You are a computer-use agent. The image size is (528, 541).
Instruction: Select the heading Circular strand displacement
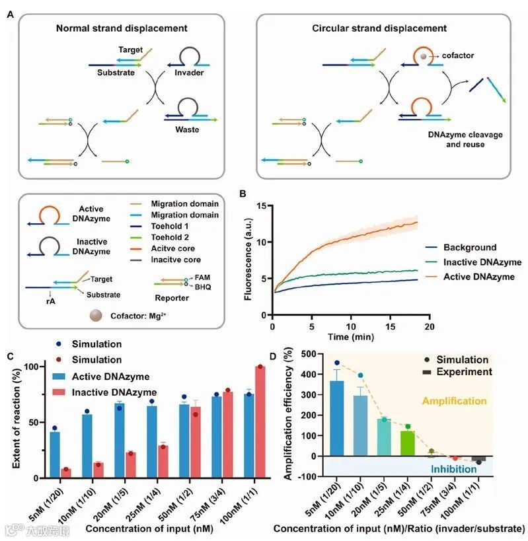(x=379, y=28)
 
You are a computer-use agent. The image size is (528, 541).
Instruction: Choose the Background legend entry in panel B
(x=469, y=248)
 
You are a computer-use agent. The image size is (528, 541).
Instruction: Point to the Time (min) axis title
(x=350, y=338)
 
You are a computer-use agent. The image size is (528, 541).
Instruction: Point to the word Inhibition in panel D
(x=454, y=470)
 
